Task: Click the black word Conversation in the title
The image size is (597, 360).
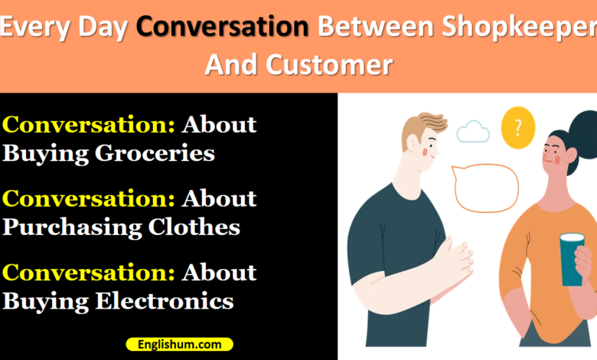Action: pyautogui.click(x=223, y=26)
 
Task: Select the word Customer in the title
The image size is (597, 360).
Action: pyautogui.click(x=329, y=64)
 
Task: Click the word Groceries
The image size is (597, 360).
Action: pyautogui.click(x=155, y=154)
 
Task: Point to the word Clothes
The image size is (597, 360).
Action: pyautogui.click(x=194, y=227)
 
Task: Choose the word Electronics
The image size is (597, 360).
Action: pyautogui.click(x=164, y=301)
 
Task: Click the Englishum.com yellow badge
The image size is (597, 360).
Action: pyautogui.click(x=180, y=345)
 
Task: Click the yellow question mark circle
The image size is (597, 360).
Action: pyautogui.click(x=518, y=128)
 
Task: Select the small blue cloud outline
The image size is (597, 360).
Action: pyautogui.click(x=473, y=132)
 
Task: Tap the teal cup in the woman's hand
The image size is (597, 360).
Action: pyautogui.click(x=572, y=260)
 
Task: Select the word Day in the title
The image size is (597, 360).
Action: pyautogui.click(x=103, y=28)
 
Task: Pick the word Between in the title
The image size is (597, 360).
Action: pyautogui.click(x=375, y=27)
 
